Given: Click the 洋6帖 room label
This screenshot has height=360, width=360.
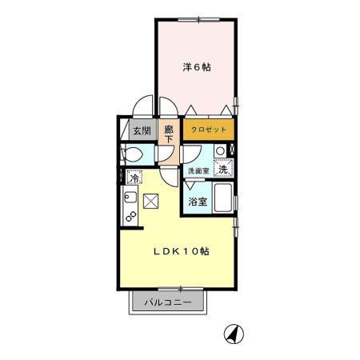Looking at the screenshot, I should coord(197,67).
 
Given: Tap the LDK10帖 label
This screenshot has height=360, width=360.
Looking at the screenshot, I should coord(182,250).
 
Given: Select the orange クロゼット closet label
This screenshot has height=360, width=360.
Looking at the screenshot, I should coord(208,130).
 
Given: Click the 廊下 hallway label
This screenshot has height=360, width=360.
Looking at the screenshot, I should coord(170,132).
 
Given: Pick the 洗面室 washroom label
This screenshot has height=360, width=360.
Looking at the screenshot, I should coord(198,170).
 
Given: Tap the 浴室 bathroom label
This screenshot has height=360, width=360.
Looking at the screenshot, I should coord(198,202).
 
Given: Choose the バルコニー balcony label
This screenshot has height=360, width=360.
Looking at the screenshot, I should coord(168,303).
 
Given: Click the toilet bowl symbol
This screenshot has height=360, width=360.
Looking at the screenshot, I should coord(133,154).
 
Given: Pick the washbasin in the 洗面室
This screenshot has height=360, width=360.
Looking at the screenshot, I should coord(219,151).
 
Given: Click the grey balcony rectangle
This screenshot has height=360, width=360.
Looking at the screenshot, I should coord(168,303).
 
